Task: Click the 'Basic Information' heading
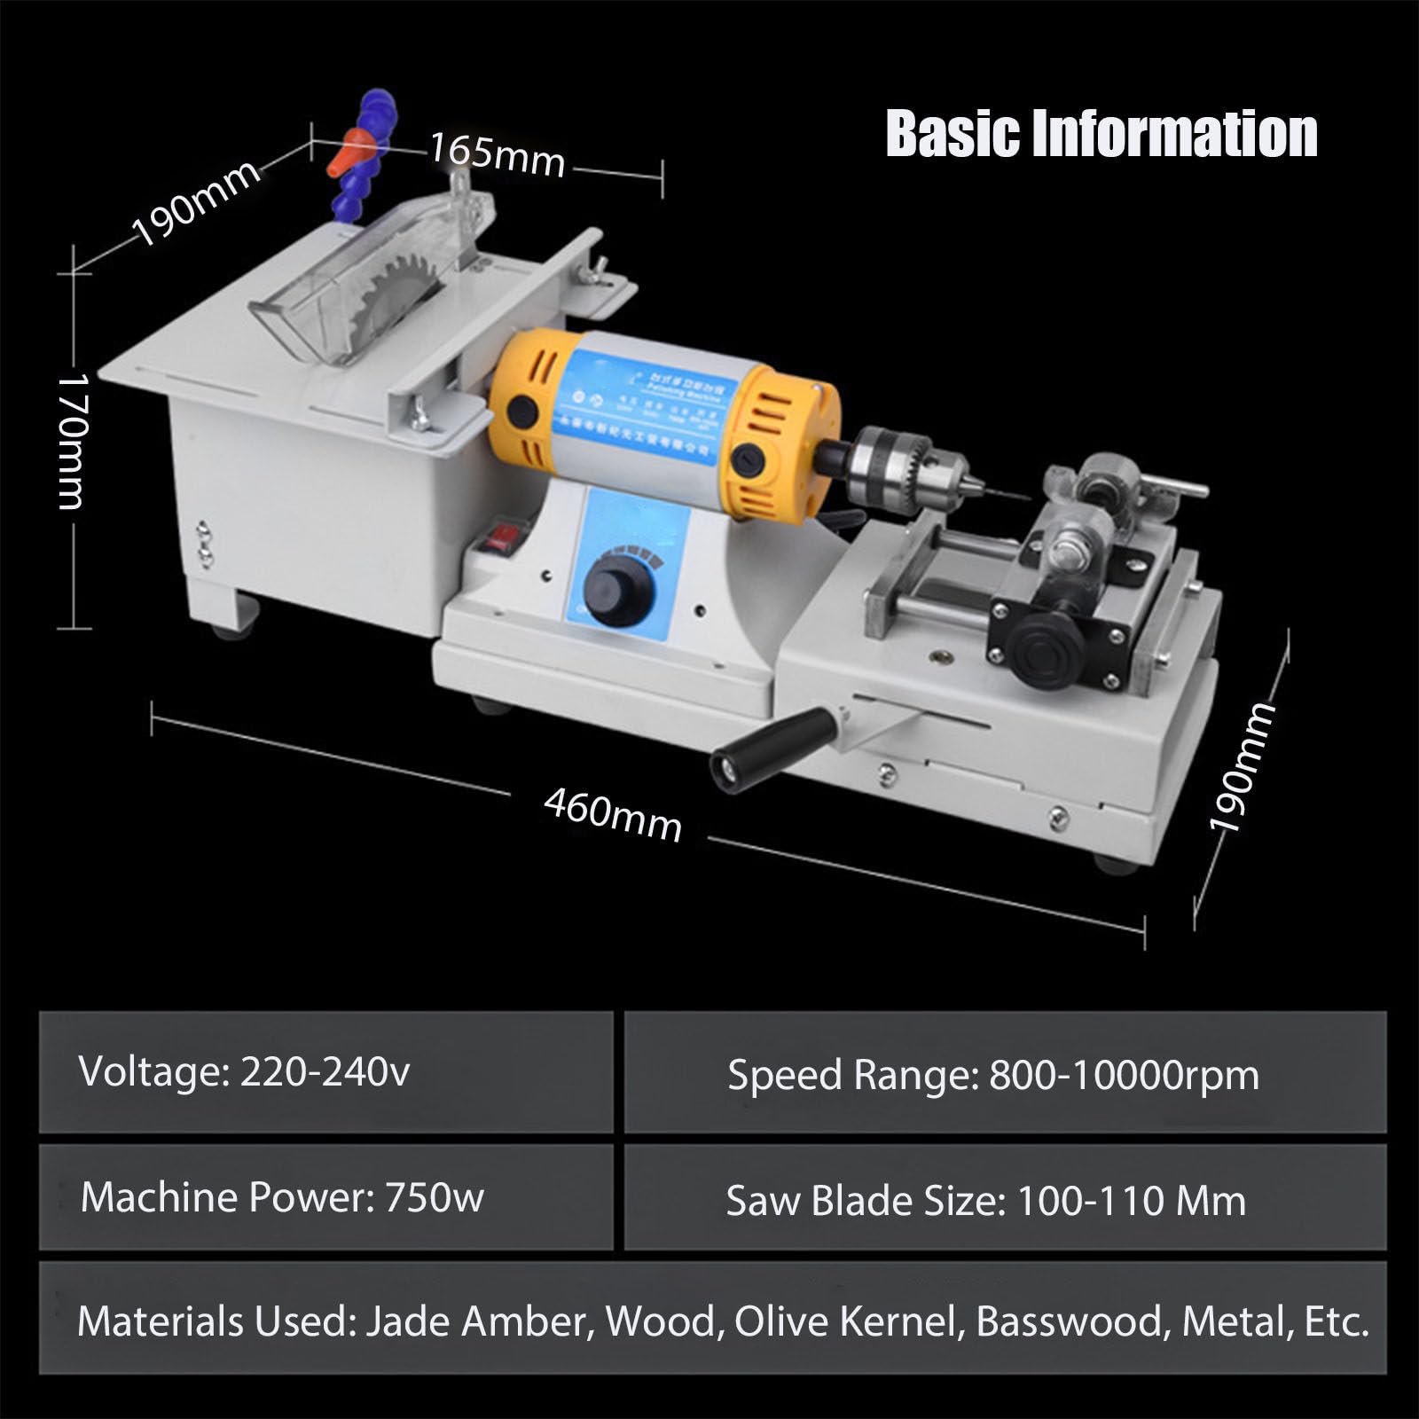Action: (1101, 134)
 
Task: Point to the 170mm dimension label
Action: (72, 441)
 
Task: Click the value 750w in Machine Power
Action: (435, 1198)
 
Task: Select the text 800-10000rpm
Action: (1124, 1075)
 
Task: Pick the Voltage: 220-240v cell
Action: (325, 1072)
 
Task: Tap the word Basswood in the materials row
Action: (1069, 1321)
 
